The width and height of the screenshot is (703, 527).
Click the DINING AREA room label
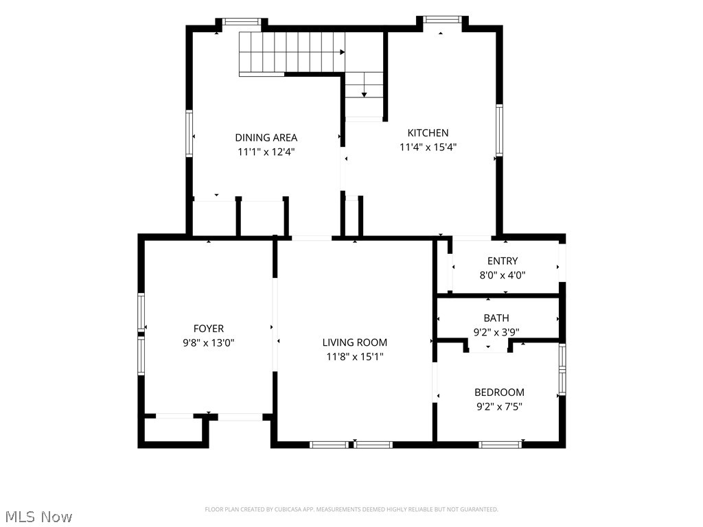coord(266,137)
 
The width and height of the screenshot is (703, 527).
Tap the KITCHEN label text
coord(428,132)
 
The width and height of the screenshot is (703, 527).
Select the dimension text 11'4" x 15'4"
coord(428,147)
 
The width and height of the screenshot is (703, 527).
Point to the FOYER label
coord(209,329)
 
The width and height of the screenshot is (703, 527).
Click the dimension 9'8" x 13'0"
coord(209,343)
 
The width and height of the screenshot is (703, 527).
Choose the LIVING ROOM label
coord(355,342)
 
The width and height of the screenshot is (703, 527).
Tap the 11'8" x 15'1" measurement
coord(355,357)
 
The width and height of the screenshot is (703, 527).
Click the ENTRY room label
coord(503,261)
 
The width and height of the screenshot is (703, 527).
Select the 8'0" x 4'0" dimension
coord(503,275)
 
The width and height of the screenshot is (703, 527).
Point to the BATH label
coord(496,318)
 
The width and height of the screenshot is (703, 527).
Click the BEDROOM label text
coord(500,392)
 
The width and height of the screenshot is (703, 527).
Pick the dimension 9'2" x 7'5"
coord(500,406)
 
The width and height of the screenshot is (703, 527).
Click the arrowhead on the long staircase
coord(343,52)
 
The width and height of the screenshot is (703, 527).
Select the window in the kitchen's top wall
coord(442,19)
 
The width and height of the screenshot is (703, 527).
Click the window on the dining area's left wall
coord(189,133)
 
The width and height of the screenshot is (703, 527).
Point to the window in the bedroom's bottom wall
coord(500,445)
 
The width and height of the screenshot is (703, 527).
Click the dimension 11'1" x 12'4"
coord(266,152)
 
